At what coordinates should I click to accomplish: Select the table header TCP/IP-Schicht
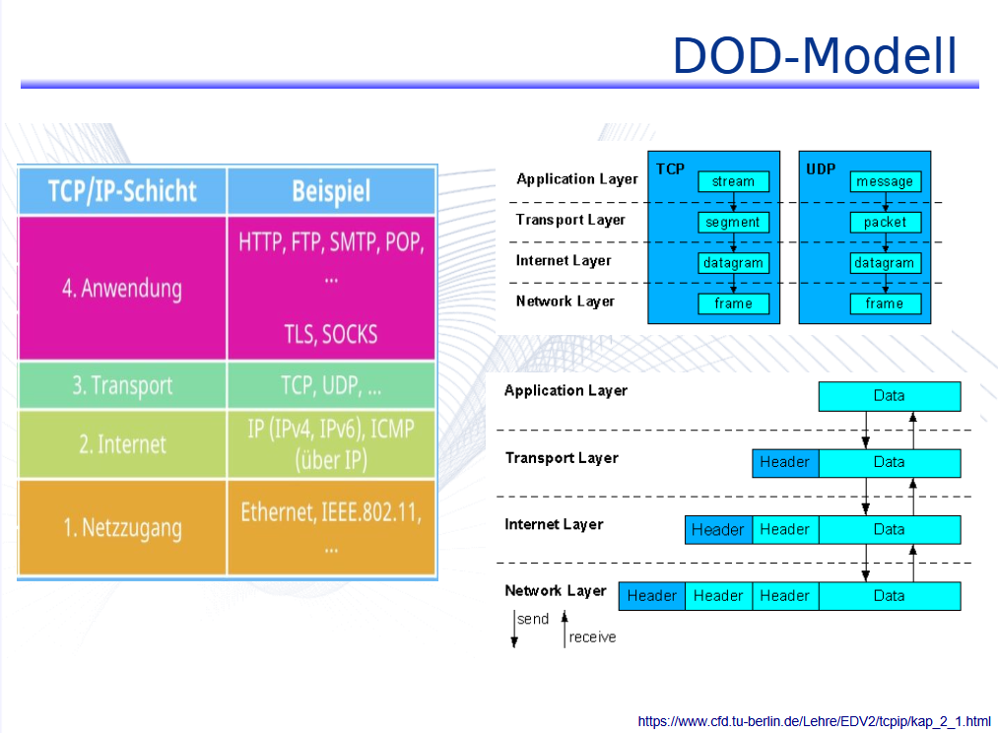122,190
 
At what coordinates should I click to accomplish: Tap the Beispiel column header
331,191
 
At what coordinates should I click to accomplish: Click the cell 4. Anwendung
122,289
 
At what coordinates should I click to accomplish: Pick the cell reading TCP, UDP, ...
331,386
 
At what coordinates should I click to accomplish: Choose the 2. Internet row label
122,444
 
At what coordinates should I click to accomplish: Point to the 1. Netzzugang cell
122,528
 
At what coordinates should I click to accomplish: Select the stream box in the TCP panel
733,181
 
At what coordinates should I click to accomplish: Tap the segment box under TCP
733,223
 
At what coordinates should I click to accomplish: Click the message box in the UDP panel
885,181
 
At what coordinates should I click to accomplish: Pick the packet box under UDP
885,223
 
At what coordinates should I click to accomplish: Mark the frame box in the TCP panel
733,303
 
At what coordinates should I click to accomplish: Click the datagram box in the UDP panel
885,263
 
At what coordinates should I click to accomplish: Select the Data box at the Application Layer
889,396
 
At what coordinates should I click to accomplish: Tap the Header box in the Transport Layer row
785,462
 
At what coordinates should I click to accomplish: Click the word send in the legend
533,620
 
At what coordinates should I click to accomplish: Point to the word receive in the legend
592,637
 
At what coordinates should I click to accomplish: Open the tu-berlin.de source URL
814,721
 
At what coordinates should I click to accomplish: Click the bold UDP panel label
821,169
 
